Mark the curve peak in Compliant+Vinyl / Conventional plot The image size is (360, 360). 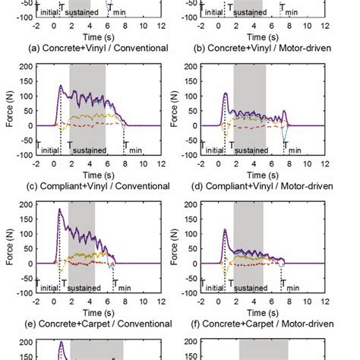60,87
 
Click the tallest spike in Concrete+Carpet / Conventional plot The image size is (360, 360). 60,210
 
